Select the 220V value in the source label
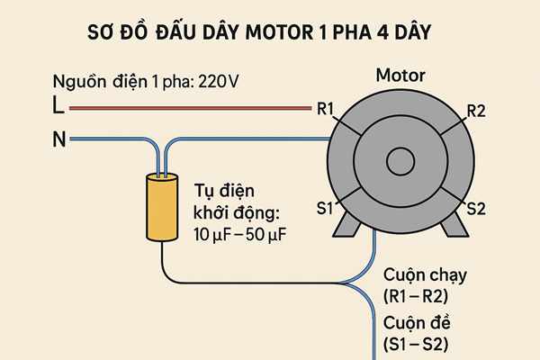pyautogui.click(x=220, y=83)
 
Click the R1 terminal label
pyautogui.click(x=326, y=110)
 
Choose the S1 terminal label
pyautogui.click(x=324, y=209)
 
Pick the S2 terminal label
pyautogui.click(x=476, y=209)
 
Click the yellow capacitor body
pyautogui.click(x=163, y=208)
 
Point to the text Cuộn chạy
pyautogui.click(x=425, y=276)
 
